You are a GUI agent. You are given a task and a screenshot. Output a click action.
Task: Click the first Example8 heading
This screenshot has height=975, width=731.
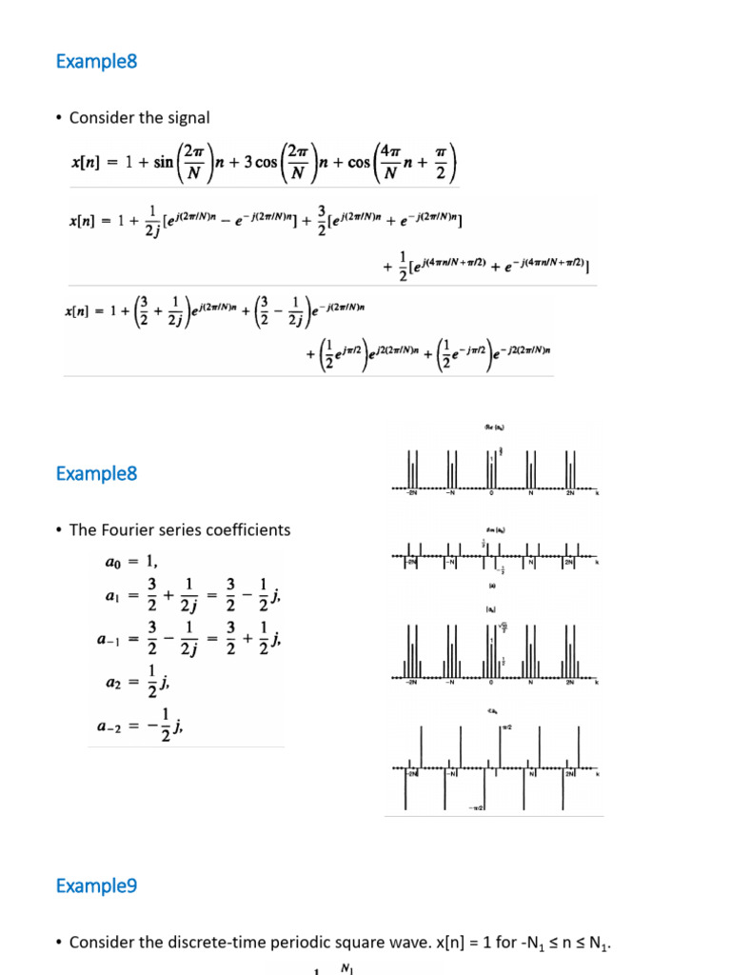coord(96,62)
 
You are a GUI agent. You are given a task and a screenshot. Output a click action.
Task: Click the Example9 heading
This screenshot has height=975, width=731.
coord(96,886)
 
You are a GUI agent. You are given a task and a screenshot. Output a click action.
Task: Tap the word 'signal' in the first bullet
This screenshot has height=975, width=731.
coord(188,118)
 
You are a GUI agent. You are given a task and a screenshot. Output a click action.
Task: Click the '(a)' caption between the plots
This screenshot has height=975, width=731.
coord(492,586)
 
